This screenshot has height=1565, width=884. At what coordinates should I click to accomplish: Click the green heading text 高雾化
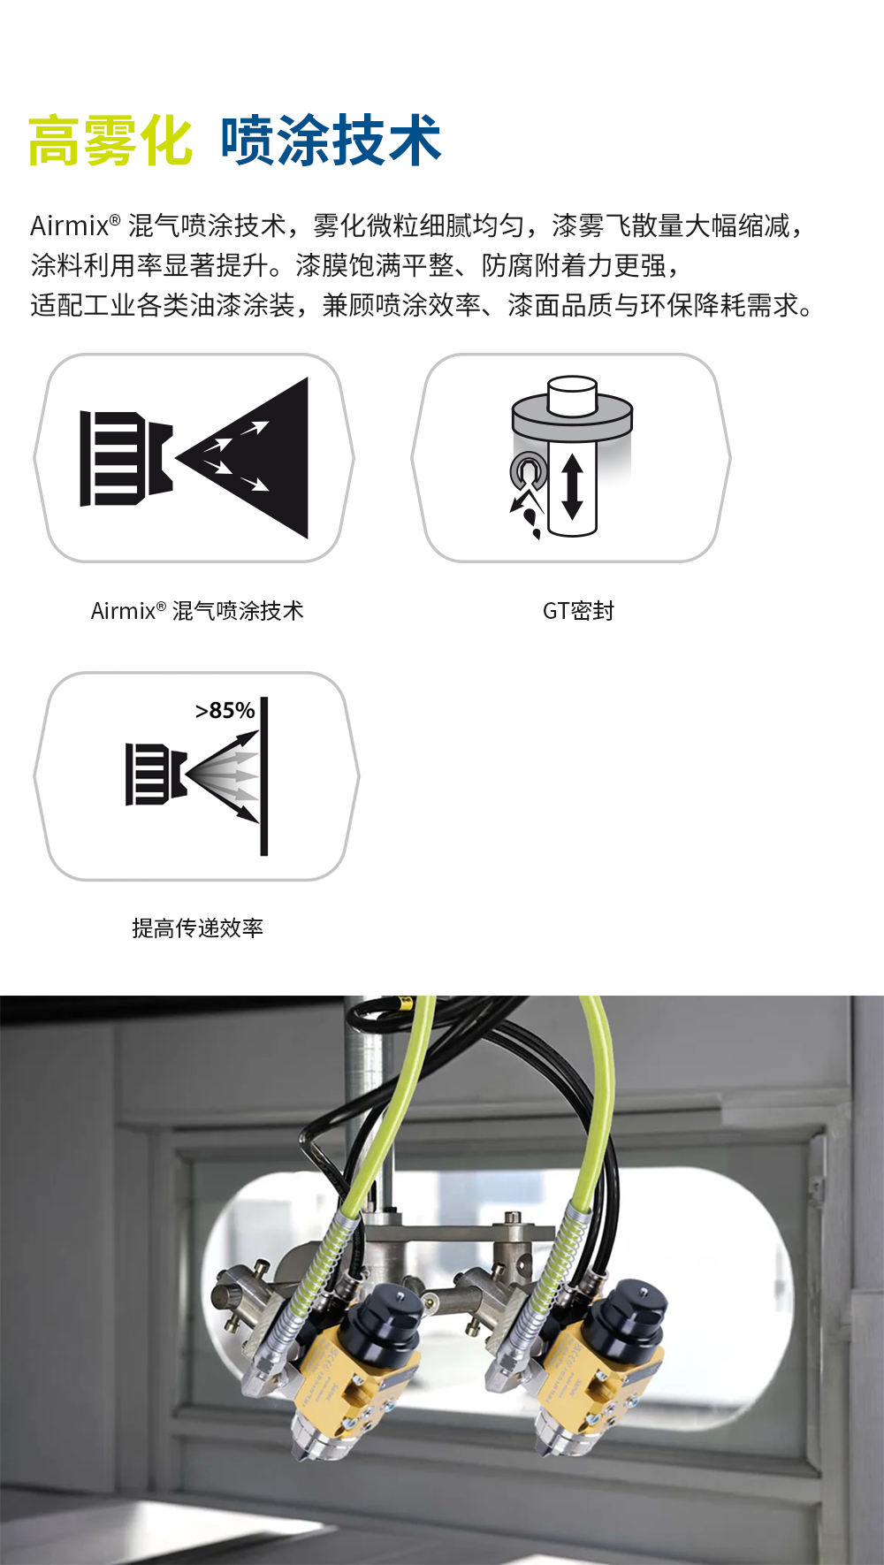110,141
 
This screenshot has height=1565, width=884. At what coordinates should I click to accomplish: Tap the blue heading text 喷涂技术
331,141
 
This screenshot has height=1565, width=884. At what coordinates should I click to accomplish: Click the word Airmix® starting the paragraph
75,226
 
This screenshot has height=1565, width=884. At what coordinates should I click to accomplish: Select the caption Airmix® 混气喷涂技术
197,611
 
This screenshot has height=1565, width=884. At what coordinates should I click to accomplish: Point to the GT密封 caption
578,611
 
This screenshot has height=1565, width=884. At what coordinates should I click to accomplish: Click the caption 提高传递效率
197,928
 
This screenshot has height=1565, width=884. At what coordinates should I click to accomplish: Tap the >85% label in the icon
225,711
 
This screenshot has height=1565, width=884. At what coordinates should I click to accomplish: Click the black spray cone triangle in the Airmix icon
256,458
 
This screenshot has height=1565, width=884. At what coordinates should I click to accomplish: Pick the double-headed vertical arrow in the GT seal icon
572,485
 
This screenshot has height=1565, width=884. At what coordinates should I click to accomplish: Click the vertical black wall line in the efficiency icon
263,776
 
